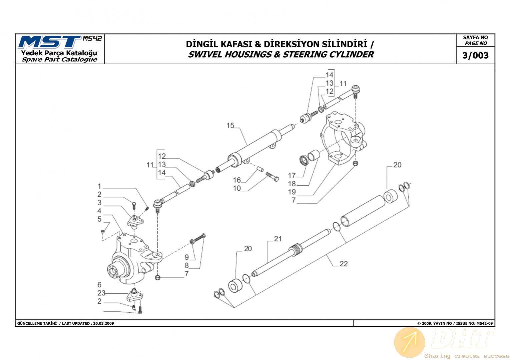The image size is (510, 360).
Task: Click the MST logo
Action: coord(50,42)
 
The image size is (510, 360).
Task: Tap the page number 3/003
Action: coord(475,56)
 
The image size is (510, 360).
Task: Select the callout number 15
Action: coord(230,125)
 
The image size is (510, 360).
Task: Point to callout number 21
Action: coord(278,239)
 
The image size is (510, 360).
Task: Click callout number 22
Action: coord(344,264)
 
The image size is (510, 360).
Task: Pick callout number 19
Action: coord(292,192)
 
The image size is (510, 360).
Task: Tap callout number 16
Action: coord(237,180)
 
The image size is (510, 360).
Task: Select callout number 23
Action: coord(101,293)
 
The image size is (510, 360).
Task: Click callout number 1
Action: coord(99,186)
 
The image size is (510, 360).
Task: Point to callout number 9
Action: coord(187,257)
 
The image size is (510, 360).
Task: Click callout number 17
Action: coord(292,175)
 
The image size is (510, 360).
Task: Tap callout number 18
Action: coord(292,184)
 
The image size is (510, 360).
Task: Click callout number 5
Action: coord(99,219)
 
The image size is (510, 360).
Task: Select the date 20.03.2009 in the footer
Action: coord(104,323)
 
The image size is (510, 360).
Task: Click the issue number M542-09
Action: coord(485,323)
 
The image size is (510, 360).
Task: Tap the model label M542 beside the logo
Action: coord(92,38)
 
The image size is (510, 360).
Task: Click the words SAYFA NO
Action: coord(475,38)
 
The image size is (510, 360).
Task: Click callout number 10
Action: coord(237,188)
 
